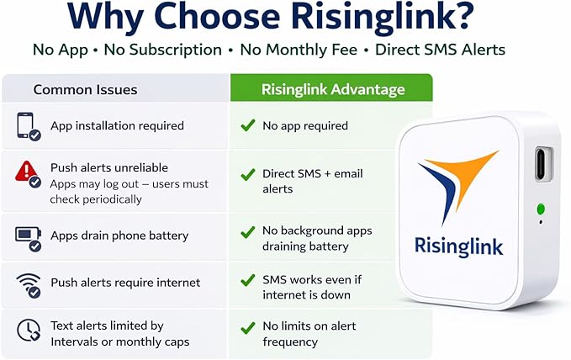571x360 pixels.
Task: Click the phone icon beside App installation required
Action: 28,126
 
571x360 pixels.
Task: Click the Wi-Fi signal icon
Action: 29,285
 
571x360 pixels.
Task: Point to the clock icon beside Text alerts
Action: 29,331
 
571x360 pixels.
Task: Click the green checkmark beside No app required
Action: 248,125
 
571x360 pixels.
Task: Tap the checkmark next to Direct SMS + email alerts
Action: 248,175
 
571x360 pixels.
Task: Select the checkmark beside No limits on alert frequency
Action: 248,328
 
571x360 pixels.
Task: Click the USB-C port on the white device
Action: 543,164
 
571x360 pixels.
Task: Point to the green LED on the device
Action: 541,209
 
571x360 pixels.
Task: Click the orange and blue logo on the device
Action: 457,187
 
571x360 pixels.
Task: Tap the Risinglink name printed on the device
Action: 459,247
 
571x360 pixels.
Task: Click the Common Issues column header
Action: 85,90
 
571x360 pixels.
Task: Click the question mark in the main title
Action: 460,16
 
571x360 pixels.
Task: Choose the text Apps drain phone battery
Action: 119,236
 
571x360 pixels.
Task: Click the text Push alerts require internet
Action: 125,283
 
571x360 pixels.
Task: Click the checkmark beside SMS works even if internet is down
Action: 248,281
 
